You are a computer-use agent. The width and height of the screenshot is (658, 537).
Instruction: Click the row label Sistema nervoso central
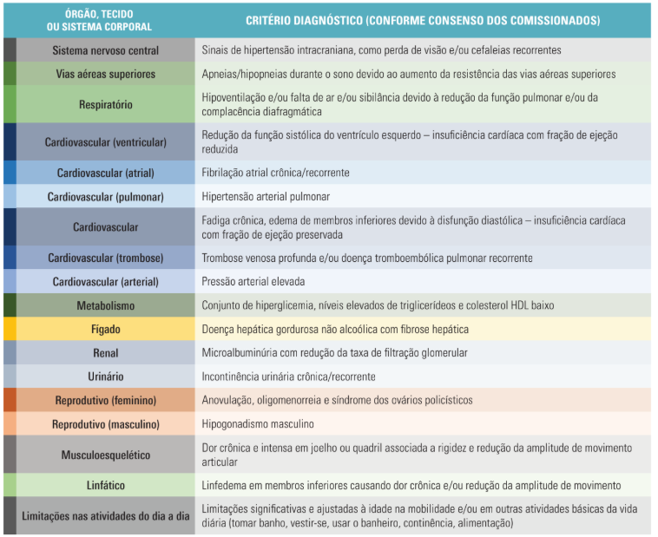(x=105, y=50)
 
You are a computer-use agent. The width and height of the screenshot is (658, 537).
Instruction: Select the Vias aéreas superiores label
(x=105, y=74)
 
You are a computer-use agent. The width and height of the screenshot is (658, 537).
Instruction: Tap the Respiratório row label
(x=105, y=104)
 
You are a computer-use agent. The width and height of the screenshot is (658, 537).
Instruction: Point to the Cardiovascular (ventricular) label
(x=105, y=141)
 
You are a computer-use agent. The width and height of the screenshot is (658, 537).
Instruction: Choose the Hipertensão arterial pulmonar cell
(x=266, y=196)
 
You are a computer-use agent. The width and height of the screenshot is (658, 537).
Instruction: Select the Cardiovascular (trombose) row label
(x=105, y=258)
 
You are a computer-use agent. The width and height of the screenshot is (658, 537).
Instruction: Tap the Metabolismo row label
(x=105, y=305)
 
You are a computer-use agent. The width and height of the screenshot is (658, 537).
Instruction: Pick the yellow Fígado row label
(x=105, y=329)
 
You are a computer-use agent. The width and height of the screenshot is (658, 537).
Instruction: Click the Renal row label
(x=105, y=353)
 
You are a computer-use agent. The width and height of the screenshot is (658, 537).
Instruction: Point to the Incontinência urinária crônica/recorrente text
(x=288, y=377)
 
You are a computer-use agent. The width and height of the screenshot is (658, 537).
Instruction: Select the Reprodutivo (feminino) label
(x=105, y=400)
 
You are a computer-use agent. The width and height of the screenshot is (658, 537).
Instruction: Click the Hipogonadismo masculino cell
(x=258, y=423)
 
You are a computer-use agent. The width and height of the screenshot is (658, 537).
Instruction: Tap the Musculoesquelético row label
(x=105, y=455)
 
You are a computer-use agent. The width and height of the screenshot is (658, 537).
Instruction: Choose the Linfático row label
(x=105, y=485)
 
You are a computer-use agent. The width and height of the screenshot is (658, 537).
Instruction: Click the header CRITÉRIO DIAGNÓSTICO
(x=422, y=20)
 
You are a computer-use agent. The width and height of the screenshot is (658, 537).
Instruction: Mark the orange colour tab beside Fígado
(x=10, y=329)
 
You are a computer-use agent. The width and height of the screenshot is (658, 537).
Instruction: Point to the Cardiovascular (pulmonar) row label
(x=105, y=196)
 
